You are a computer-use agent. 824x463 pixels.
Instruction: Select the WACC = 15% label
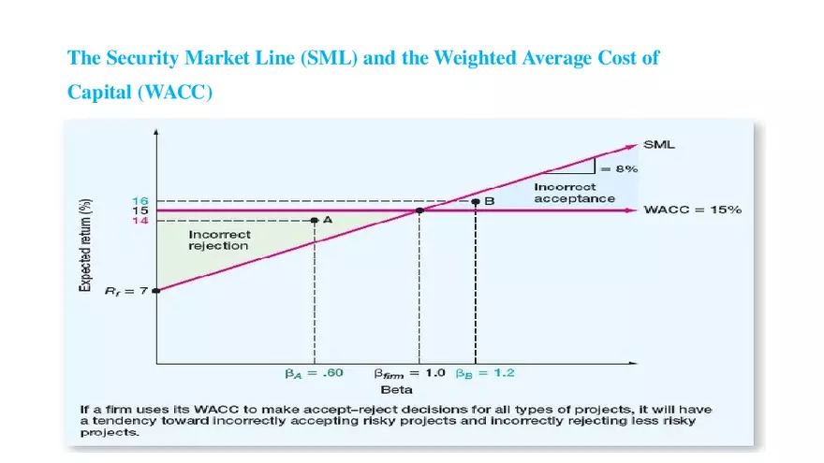692,210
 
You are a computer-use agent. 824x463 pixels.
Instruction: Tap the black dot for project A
315,220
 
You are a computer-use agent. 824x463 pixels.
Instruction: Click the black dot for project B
476,200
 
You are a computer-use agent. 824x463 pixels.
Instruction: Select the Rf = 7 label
130,291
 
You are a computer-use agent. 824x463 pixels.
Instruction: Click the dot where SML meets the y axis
156,290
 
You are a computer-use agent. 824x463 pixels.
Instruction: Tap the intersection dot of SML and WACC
419,210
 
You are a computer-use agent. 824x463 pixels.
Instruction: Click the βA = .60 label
315,372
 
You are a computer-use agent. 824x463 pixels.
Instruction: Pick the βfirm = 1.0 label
409,372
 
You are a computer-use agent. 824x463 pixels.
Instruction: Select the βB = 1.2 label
486,372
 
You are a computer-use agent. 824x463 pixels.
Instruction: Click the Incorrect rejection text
219,239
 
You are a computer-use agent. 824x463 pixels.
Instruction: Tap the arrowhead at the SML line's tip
632,145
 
